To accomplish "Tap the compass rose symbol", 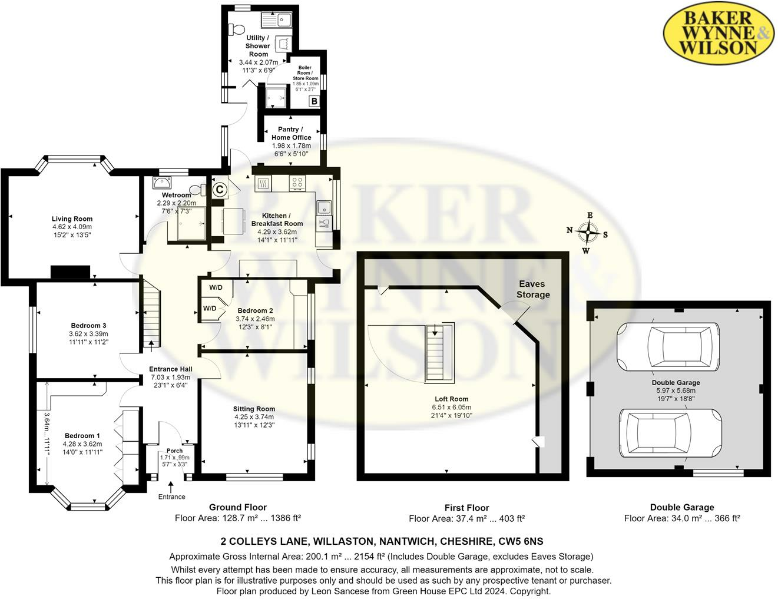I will pyautogui.click(x=588, y=233).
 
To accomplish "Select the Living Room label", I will pyautogui.click(x=72, y=219).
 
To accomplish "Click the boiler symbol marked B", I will pyautogui.click(x=314, y=101).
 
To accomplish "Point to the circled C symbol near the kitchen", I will pyautogui.click(x=219, y=190).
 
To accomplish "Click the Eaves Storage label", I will pyautogui.click(x=533, y=289).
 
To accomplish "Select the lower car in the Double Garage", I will pyautogui.click(x=670, y=433).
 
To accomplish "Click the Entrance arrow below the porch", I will pyautogui.click(x=171, y=487).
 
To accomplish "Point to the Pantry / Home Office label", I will pyautogui.click(x=291, y=133).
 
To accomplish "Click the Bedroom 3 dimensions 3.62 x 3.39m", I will pyautogui.click(x=88, y=334).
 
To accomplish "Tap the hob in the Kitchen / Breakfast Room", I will pyautogui.click(x=297, y=184).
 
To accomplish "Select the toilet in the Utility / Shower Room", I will pyautogui.click(x=237, y=29).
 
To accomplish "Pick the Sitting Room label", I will pyautogui.click(x=254, y=409).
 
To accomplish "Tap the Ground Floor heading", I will pyautogui.click(x=238, y=507).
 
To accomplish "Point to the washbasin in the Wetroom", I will pyautogui.click(x=161, y=181).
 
